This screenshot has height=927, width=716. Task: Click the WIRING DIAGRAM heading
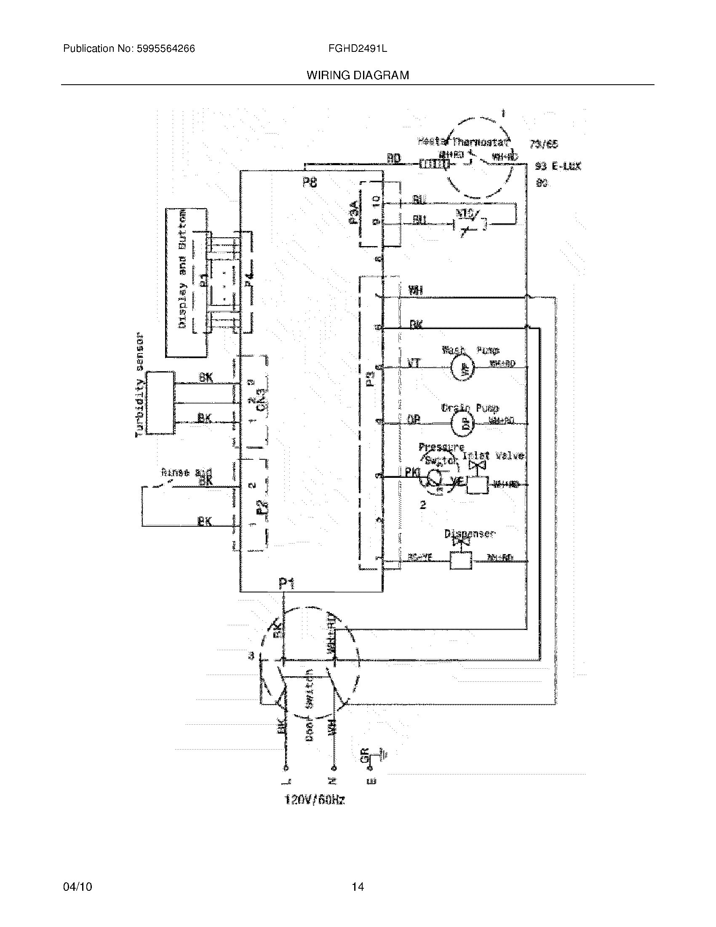[x=358, y=75]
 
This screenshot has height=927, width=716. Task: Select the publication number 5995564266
[x=166, y=49]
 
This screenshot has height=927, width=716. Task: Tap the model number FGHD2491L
[x=357, y=49]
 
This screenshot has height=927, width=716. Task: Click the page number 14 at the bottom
[x=358, y=887]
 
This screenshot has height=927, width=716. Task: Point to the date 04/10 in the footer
[x=77, y=887]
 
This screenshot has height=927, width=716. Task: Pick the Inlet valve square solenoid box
[x=477, y=484]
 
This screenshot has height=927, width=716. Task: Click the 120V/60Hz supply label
[x=314, y=800]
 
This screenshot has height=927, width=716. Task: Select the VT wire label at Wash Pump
[x=414, y=363]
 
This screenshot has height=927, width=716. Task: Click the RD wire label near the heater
[x=393, y=159]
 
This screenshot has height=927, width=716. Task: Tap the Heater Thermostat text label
[x=463, y=141]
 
